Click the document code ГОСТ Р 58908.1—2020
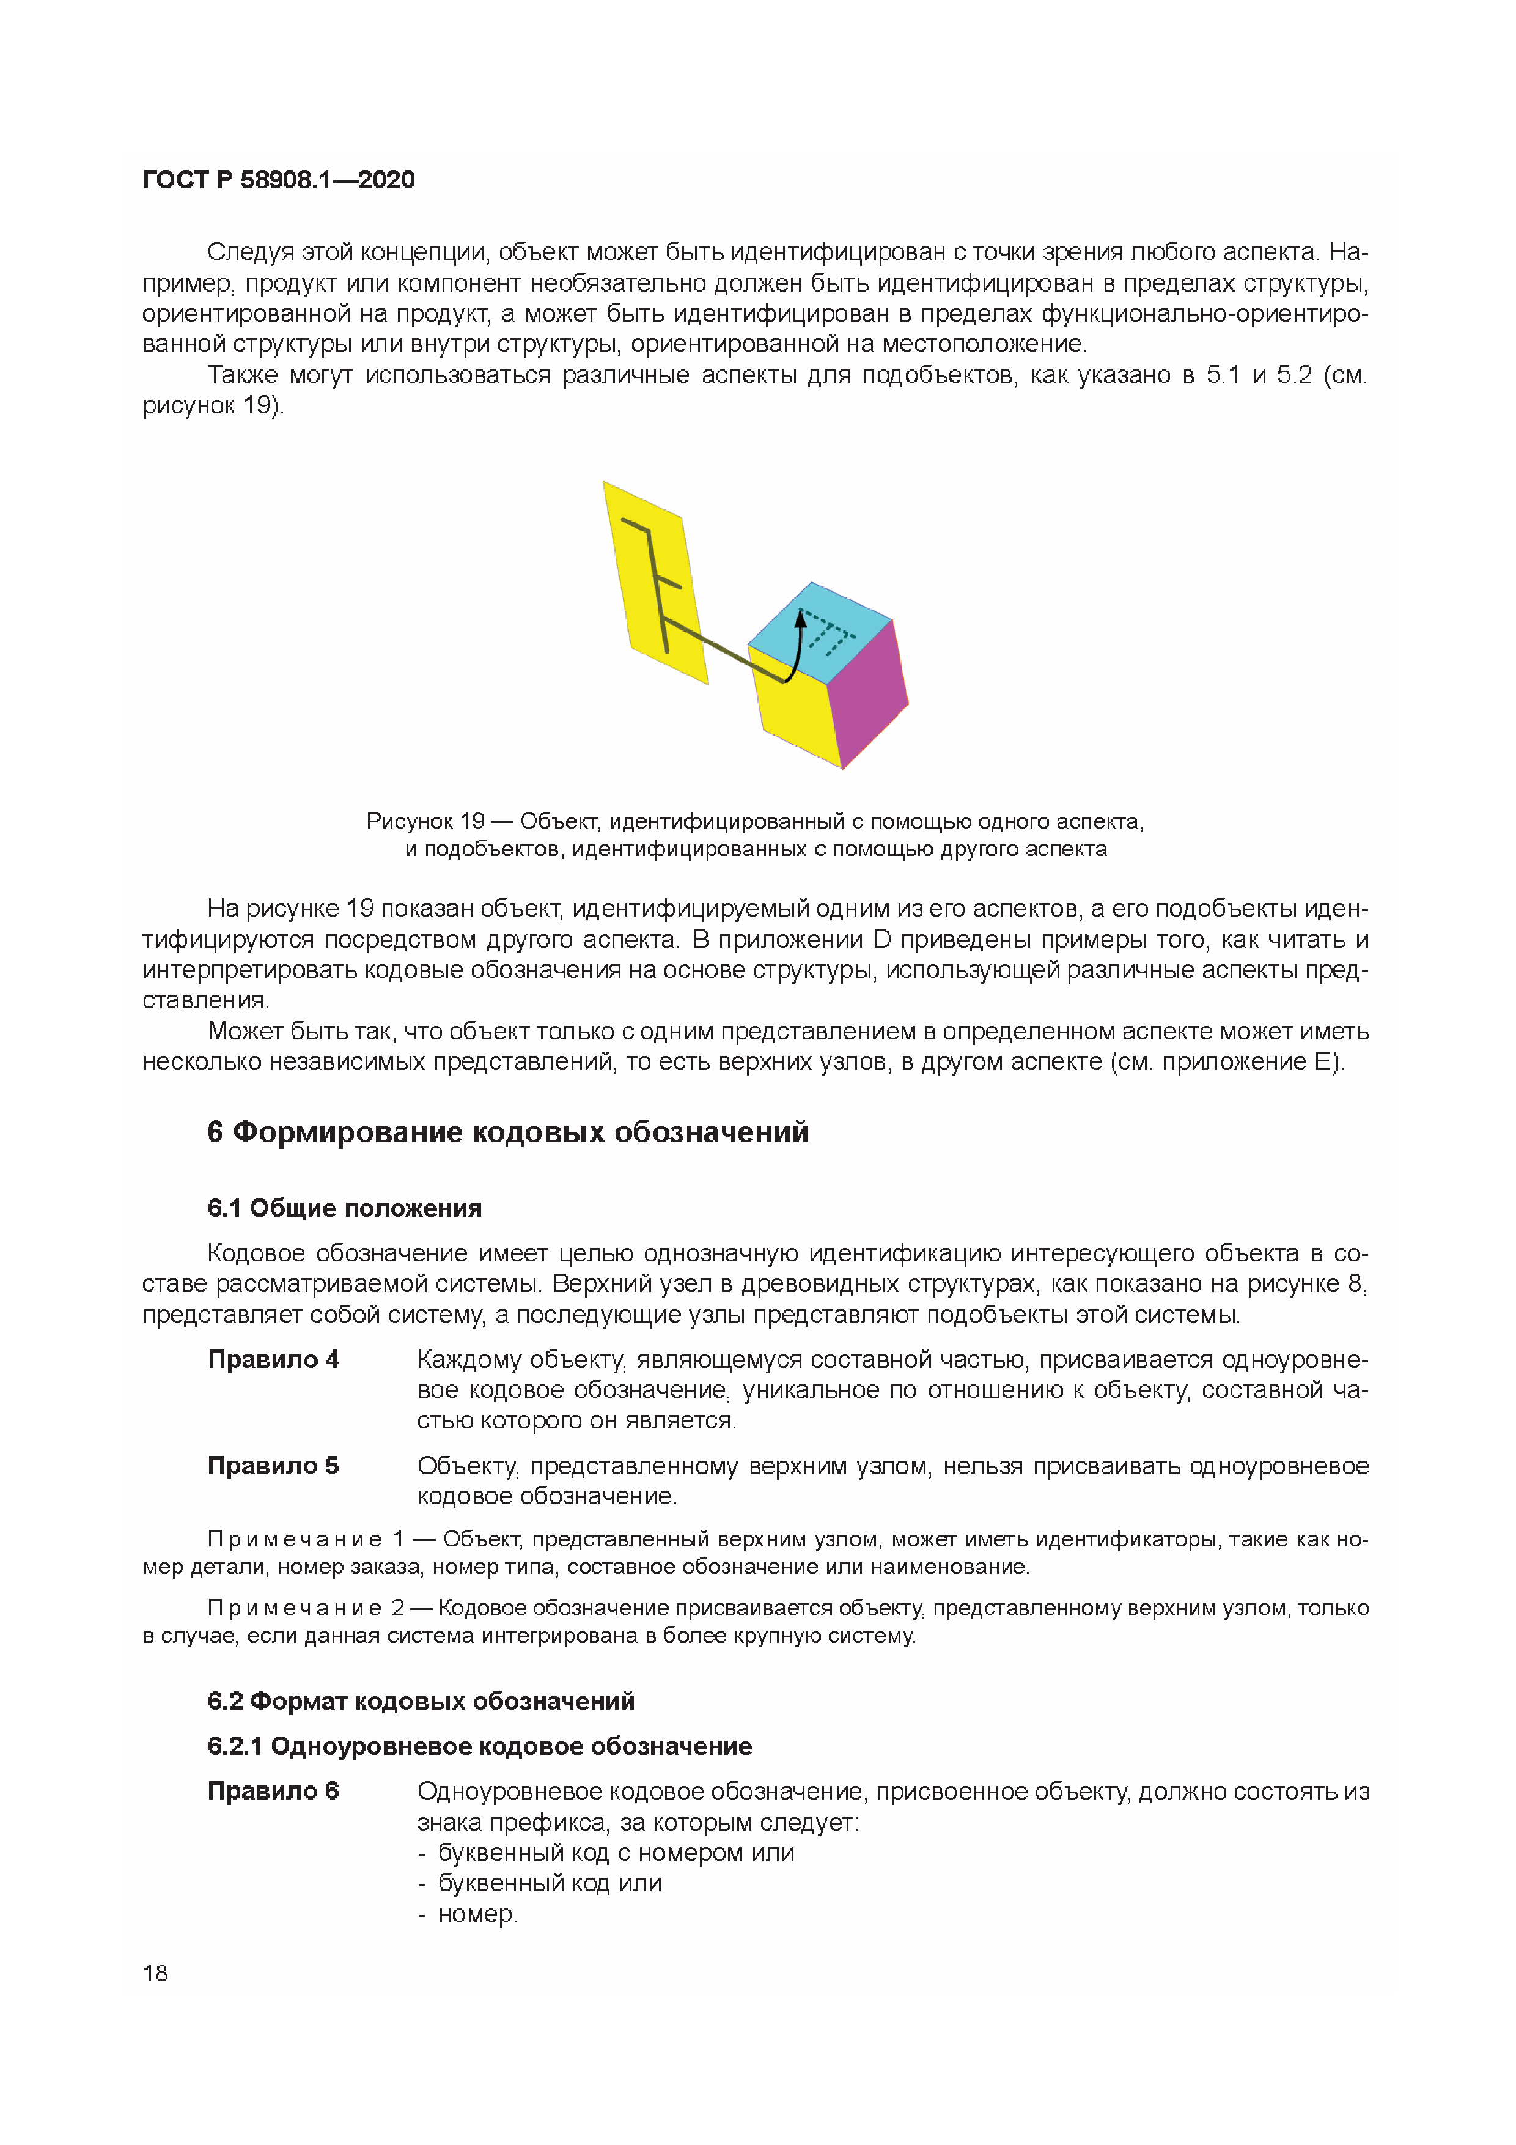tap(278, 179)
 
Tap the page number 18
tap(155, 1972)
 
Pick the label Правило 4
tap(273, 1359)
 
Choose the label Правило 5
tap(273, 1465)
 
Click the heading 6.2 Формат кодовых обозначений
tap(421, 1700)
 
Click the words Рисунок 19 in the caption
tap(425, 821)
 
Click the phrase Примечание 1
tap(306, 1538)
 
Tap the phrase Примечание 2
tap(306, 1608)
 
